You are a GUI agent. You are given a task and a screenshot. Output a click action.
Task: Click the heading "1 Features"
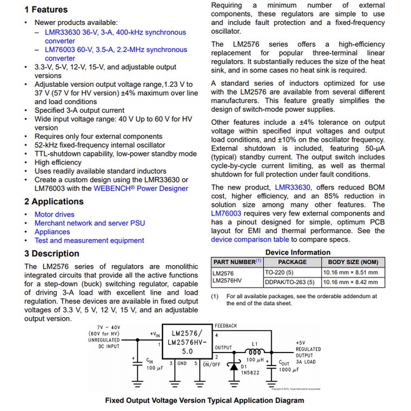coord(46,10)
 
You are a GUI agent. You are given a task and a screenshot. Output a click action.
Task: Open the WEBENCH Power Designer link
coord(141,188)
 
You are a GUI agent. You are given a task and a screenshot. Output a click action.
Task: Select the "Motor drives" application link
coord(54,214)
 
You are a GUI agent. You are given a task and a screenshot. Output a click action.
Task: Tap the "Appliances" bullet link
coord(52,231)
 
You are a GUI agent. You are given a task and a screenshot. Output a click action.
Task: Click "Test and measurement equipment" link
coord(89,240)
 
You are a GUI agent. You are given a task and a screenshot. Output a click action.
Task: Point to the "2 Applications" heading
coord(54,201)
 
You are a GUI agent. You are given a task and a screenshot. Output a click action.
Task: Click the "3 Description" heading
coord(51,254)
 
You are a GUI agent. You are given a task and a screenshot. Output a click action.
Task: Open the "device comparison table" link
coord(250,239)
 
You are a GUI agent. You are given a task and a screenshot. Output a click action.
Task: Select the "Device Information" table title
coord(298,252)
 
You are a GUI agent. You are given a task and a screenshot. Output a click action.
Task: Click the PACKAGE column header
coord(292,262)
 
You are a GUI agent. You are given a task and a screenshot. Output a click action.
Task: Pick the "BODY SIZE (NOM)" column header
coord(353,262)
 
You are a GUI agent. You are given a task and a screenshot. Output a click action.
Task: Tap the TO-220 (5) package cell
coord(279,273)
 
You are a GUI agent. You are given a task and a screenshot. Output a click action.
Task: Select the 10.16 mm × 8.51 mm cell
coord(350,273)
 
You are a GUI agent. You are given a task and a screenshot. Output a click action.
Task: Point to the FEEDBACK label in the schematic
coord(226,326)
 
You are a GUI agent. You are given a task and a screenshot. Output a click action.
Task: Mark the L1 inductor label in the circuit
coord(255,343)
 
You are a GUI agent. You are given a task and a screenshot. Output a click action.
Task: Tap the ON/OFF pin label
coord(211,364)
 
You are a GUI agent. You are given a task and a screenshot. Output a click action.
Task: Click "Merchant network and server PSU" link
coord(89,223)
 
